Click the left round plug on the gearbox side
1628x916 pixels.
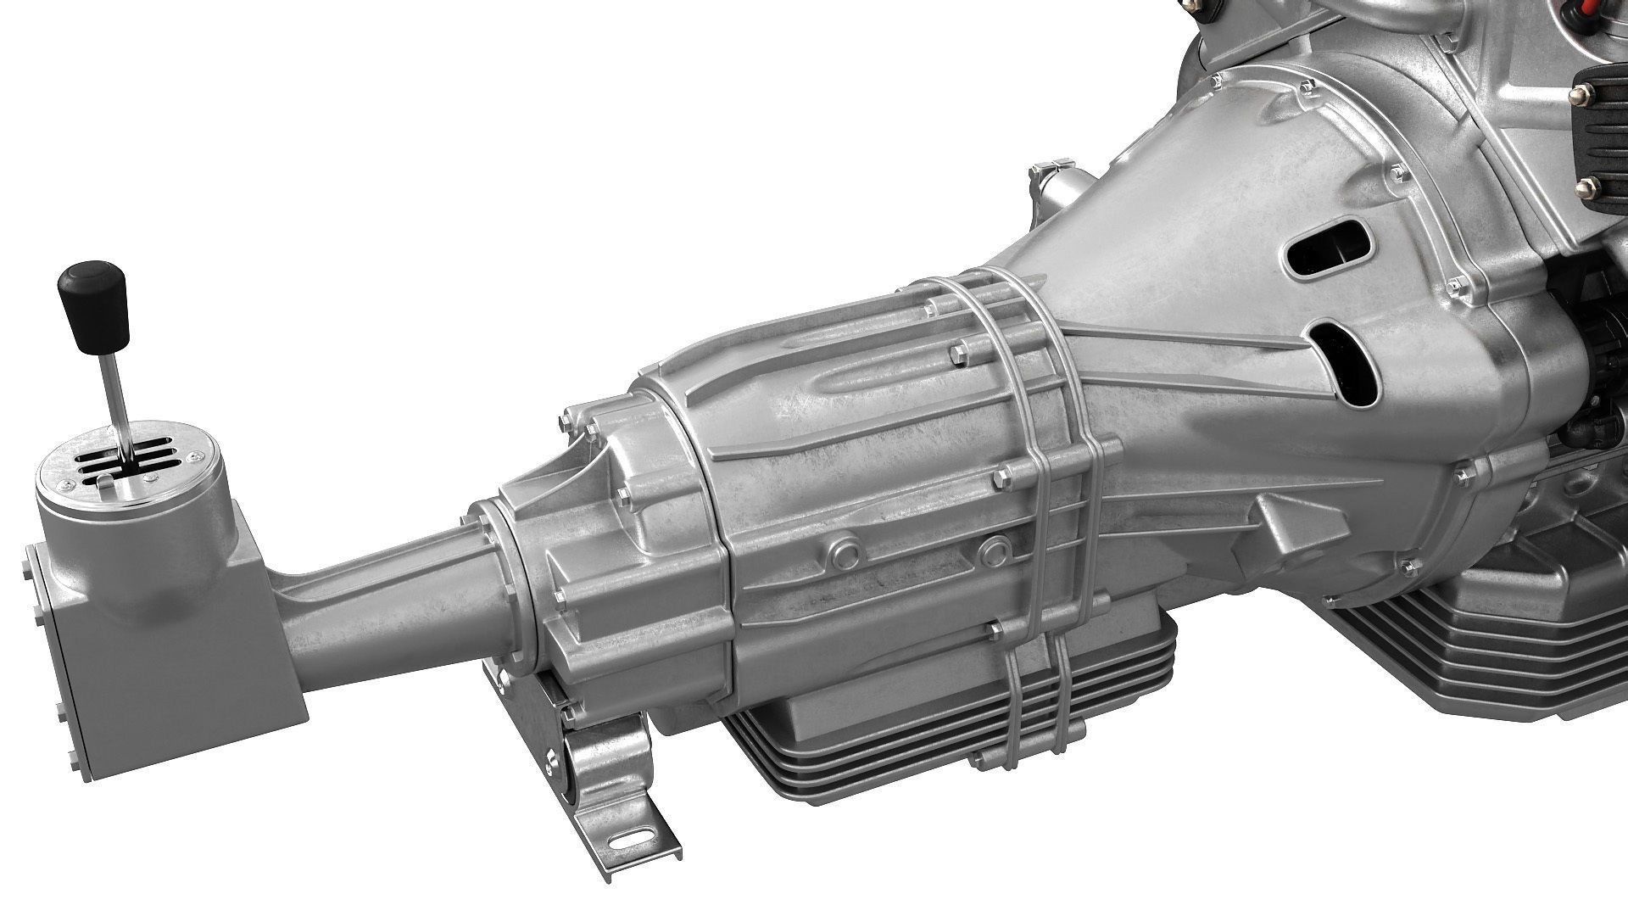[846, 553]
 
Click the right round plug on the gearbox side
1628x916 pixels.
[994, 550]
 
